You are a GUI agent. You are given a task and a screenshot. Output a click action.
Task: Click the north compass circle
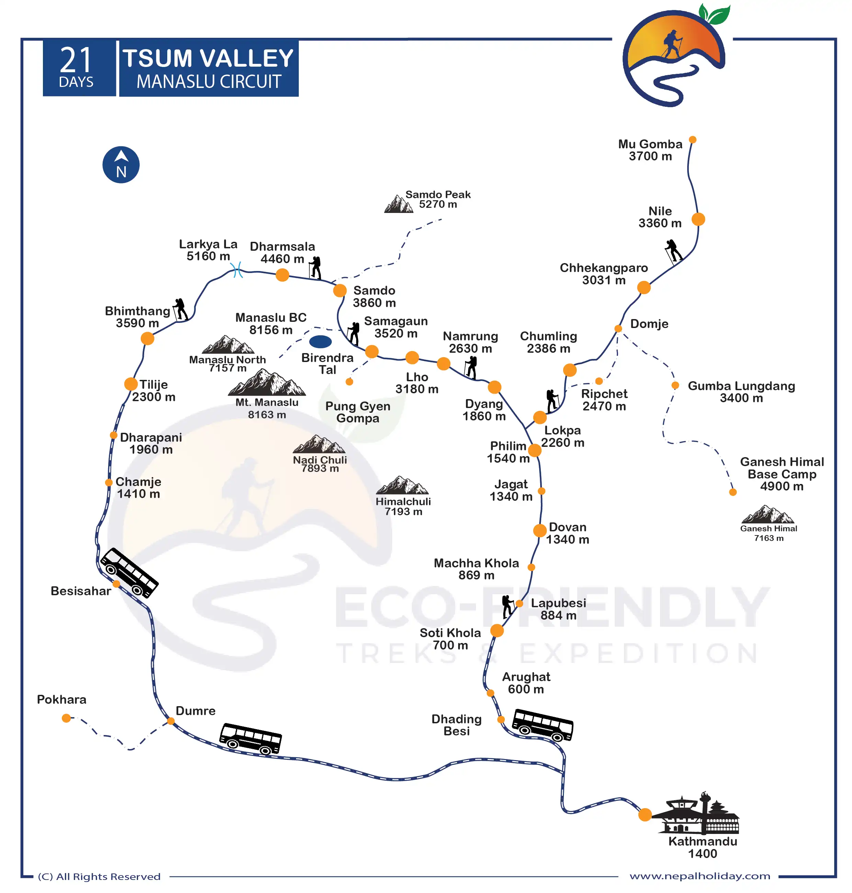(x=121, y=165)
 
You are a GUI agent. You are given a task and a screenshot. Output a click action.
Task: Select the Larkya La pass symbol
(x=237, y=270)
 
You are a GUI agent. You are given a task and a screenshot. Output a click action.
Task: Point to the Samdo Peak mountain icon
(x=398, y=204)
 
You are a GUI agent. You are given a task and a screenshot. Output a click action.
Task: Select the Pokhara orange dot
(x=66, y=718)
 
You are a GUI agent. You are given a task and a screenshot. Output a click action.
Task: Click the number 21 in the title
(x=76, y=60)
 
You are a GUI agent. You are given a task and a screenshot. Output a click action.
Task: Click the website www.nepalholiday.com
(x=700, y=876)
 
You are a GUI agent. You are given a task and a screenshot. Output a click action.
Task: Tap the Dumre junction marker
(x=171, y=721)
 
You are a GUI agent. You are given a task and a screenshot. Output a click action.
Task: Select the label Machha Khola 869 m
(x=476, y=569)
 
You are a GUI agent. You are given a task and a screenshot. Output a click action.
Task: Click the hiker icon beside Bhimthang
(x=180, y=310)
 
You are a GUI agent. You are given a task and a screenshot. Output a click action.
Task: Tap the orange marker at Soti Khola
(x=497, y=631)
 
